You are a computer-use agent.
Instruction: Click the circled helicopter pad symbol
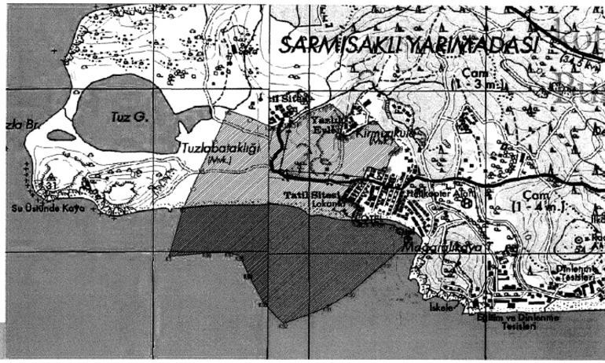pos(467,202)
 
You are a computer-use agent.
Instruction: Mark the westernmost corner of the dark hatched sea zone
pos(170,256)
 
